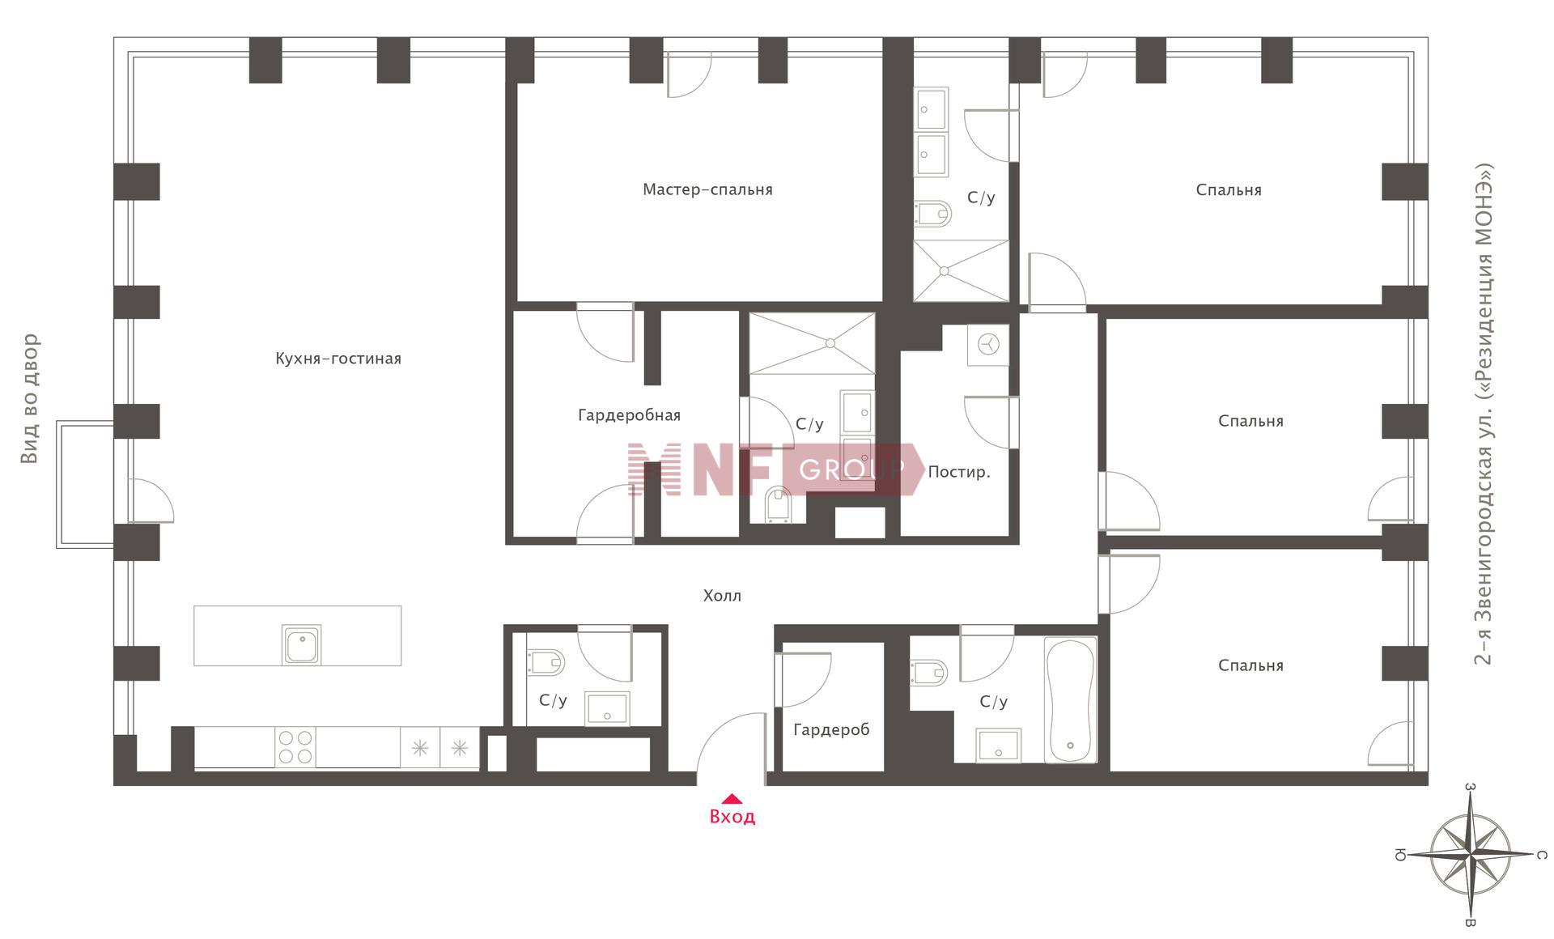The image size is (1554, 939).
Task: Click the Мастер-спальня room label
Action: point(707,189)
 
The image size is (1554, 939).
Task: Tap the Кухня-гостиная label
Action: point(338,359)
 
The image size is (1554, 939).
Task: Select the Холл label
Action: point(722,596)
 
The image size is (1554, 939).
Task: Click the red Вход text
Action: point(732,817)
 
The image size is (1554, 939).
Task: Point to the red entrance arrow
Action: point(732,798)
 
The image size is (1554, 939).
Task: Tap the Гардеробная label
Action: point(629,415)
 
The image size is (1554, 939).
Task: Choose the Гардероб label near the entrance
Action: point(831,730)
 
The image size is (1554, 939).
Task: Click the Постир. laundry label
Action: point(959,472)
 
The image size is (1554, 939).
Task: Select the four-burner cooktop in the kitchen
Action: point(295,747)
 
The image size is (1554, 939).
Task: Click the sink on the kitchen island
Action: point(301,645)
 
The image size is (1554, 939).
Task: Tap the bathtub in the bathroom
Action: point(1071,699)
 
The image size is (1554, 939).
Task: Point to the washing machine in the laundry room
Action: point(988,345)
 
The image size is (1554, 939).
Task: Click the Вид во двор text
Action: point(29,399)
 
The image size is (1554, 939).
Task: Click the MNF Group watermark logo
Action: point(775,469)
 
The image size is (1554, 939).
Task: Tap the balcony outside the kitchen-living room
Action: point(85,484)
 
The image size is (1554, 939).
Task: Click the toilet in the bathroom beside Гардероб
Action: point(929,672)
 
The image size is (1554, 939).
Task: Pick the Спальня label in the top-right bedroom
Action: point(1229,190)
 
